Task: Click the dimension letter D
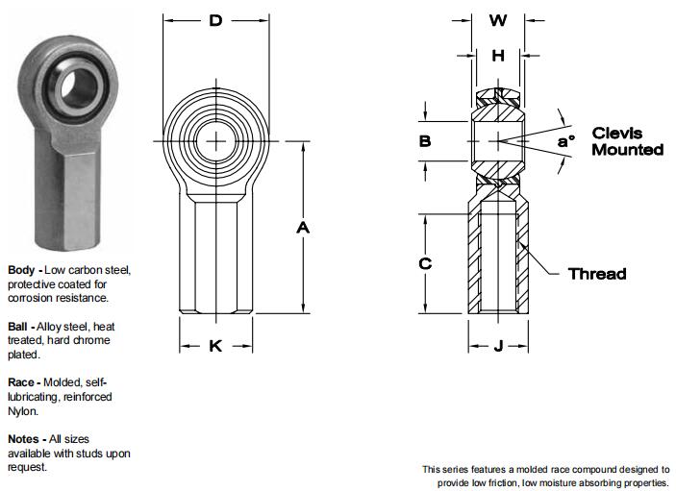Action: (216, 20)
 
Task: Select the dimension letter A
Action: (303, 228)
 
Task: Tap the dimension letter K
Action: (215, 346)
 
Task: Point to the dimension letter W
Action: (498, 20)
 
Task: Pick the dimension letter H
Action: (498, 56)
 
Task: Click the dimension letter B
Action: (425, 141)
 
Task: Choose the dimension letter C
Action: (425, 263)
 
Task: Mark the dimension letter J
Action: (498, 346)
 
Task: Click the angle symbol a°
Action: (566, 141)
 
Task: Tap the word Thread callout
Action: (597, 274)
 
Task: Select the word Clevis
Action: (617, 134)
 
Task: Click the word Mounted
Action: (627, 150)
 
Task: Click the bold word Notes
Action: (24, 438)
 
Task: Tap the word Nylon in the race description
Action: (23, 411)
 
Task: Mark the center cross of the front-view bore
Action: (216, 143)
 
